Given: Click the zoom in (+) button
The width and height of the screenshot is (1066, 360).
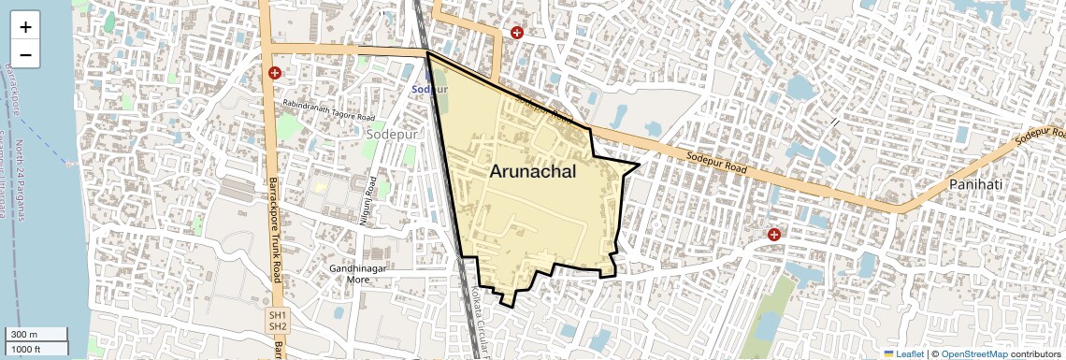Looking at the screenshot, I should [25, 28].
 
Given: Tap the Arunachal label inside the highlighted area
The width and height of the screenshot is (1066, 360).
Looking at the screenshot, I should [532, 172].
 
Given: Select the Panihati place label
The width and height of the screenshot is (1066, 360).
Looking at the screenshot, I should [975, 185].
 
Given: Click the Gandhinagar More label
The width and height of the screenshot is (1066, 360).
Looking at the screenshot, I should [358, 274].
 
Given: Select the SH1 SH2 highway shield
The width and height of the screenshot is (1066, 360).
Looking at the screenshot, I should [278, 321].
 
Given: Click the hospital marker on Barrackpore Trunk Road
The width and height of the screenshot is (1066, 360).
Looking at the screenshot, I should [275, 72].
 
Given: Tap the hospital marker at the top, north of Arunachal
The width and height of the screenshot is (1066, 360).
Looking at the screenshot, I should [517, 33].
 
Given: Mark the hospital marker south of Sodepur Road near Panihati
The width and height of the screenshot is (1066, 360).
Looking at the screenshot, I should [773, 234].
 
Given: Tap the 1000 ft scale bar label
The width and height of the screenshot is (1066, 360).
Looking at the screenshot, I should [27, 349].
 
